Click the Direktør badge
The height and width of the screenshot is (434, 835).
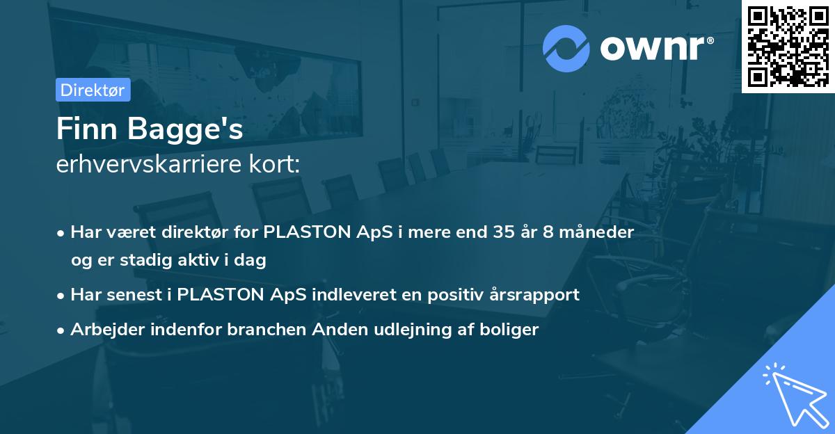tap(93, 90)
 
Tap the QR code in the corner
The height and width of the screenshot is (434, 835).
tap(788, 47)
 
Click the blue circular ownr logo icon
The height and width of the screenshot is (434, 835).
tap(566, 49)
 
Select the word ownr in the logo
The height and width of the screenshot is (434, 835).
tap(653, 48)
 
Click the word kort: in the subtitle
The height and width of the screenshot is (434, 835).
tap(275, 164)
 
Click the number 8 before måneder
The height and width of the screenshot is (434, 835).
tap(548, 232)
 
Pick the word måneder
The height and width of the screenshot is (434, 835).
tap(597, 232)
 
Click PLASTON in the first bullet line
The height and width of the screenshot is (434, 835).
tap(307, 232)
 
